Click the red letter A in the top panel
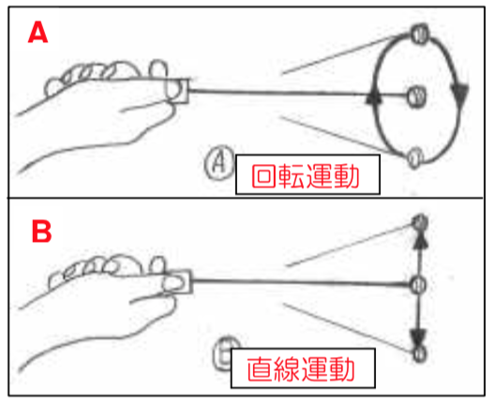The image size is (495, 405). point(37,33)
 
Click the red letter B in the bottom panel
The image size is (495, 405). point(41,231)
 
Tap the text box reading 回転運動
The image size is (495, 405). point(307,174)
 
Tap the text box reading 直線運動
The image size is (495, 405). point(303,368)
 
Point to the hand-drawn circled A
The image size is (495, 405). point(219,162)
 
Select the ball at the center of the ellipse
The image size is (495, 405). point(416,96)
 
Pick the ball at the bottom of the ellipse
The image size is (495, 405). point(414,157)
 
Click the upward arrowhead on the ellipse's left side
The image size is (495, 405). point(373,97)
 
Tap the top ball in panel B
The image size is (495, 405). point(421,222)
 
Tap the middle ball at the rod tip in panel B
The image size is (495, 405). point(419,284)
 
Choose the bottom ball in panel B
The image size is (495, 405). point(419,353)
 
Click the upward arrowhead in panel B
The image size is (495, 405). point(420,241)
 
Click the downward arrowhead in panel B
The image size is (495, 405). point(419,337)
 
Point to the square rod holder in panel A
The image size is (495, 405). point(177,91)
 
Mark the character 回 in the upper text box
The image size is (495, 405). point(262,176)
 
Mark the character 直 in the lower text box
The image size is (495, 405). point(259,368)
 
